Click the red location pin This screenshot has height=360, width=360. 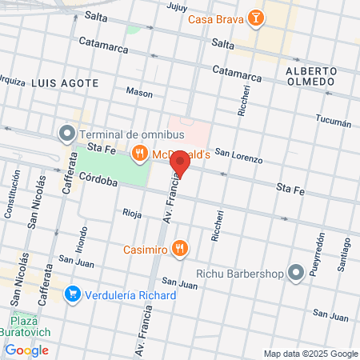pos(180,163)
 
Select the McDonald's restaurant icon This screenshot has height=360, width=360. pos(140,153)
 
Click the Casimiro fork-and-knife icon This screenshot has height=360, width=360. pos(180,248)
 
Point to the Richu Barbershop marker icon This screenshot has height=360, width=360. pos(297,273)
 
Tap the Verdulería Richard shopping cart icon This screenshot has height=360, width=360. pos(74,294)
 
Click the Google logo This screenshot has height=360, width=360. pos(26,350)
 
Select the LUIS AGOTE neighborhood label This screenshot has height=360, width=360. pos(66,82)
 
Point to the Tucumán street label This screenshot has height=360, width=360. pos(334,122)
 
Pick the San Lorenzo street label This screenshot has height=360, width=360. pos(238,158)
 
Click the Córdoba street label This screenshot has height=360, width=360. pos(99,182)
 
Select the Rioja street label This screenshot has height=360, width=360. pos(131,213)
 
